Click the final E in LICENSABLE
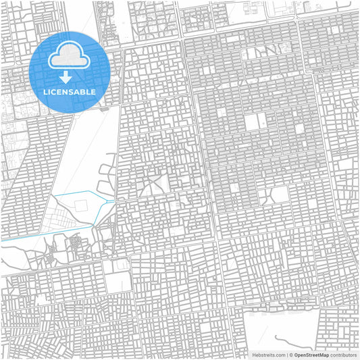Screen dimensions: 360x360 (93, 91)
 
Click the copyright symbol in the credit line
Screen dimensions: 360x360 (290, 354)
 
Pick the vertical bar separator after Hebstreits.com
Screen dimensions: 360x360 (286, 354)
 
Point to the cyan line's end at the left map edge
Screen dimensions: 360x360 (1, 239)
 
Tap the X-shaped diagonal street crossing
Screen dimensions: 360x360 (154, 178)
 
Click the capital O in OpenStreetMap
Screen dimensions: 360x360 (296, 354)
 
